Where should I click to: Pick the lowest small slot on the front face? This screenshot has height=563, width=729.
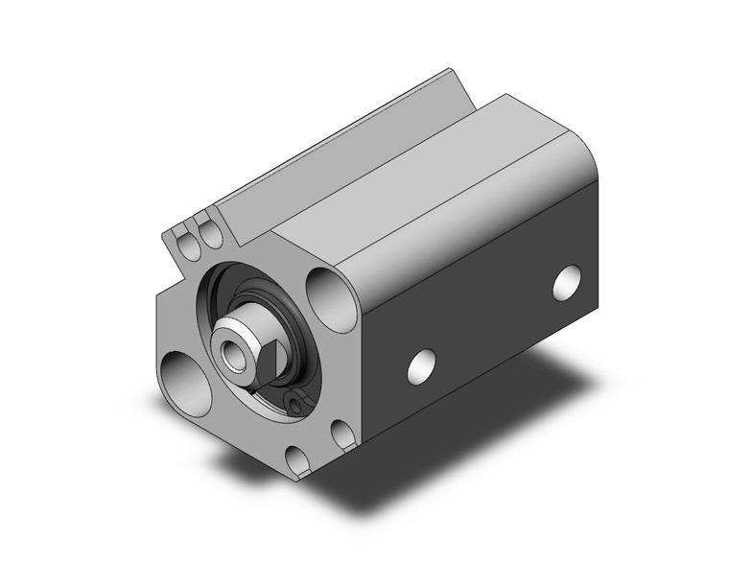[297, 460]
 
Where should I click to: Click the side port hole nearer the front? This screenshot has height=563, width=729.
[419, 364]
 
